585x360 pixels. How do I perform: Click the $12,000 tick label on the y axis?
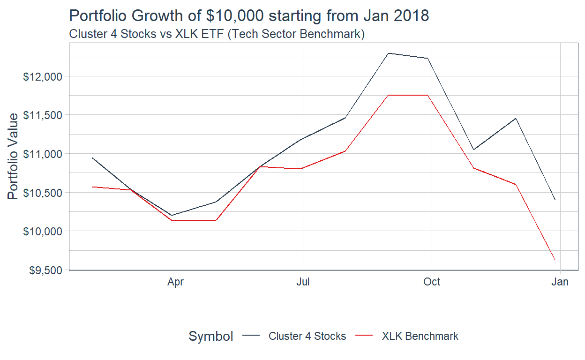[44, 76]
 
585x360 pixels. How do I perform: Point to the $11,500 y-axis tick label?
[44, 115]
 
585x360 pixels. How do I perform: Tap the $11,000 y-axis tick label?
[44, 154]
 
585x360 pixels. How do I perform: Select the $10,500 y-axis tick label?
[44, 193]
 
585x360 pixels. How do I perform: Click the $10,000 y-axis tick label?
[44, 231]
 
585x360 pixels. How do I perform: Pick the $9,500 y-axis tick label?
[45, 270]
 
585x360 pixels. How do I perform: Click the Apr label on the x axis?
[175, 282]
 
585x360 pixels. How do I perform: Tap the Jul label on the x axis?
[303, 282]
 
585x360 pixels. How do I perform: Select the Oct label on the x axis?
[431, 282]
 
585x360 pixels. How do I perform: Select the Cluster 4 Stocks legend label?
[307, 336]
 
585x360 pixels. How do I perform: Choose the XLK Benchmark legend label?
[420, 336]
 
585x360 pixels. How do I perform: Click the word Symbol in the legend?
[210, 336]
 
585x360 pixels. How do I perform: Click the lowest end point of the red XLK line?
[555, 260]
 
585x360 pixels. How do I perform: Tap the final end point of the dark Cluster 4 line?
[555, 200]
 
